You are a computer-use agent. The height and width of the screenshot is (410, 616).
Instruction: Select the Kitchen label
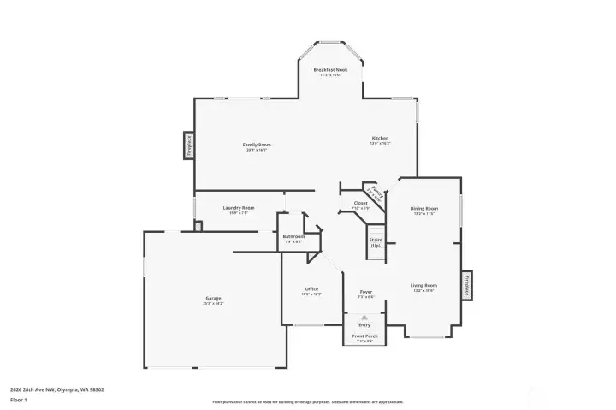click(380, 138)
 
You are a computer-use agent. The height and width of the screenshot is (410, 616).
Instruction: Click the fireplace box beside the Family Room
click(188, 146)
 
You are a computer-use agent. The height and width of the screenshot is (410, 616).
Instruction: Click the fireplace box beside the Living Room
click(467, 285)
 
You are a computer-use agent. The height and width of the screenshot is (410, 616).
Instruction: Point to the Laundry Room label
click(239, 208)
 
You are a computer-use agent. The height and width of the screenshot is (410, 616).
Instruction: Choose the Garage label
click(212, 298)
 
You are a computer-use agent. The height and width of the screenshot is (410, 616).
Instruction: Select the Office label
click(311, 289)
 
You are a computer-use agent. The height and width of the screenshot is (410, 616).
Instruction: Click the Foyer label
click(365, 292)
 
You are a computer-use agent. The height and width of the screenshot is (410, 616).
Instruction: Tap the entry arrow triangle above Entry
click(364, 317)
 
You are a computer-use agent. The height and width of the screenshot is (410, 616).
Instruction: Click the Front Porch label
click(364, 337)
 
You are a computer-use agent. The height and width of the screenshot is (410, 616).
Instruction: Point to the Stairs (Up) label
click(375, 242)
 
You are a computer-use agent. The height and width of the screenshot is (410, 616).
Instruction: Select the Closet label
click(360, 203)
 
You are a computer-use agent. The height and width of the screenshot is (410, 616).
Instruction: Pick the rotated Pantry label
click(370, 192)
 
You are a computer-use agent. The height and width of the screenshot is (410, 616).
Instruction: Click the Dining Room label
click(424, 208)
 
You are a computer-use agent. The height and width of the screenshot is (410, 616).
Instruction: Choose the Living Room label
click(424, 285)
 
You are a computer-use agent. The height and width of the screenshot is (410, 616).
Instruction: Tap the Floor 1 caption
click(19, 400)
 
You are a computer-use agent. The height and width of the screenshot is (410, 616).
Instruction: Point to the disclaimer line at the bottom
click(308, 401)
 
